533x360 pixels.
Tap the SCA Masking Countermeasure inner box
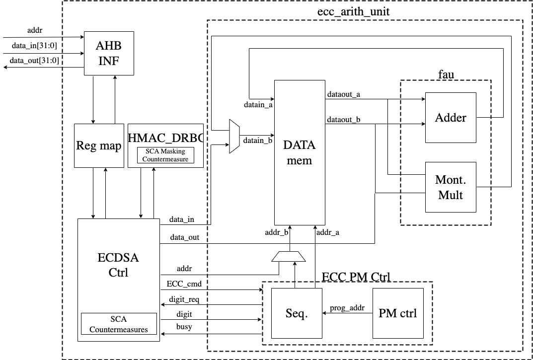pyautogui.click(x=165, y=155)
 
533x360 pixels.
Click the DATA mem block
pyautogui.click(x=299, y=152)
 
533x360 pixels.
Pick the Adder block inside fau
pyautogui.click(x=451, y=118)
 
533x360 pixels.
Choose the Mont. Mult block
pyautogui.click(x=451, y=187)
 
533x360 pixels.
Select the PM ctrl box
pyautogui.click(x=397, y=313)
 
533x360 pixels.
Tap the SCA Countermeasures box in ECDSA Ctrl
pyautogui.click(x=118, y=323)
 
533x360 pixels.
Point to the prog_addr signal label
pyautogui.click(x=348, y=308)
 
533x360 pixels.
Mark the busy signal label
pyautogui.click(x=184, y=327)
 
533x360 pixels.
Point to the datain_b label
pyautogui.click(x=257, y=141)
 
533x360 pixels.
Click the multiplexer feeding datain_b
pyautogui.click(x=234, y=136)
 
